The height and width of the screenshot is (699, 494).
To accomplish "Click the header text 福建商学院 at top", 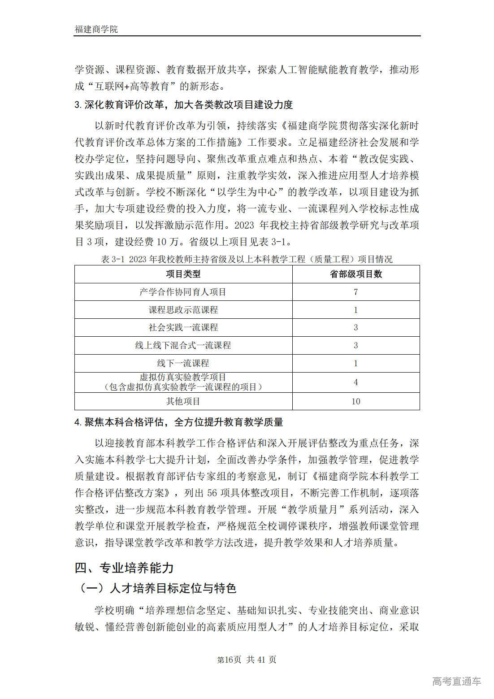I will pyautogui.click(x=96, y=29).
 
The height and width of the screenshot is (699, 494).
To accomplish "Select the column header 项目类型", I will pyautogui.click(x=183, y=274).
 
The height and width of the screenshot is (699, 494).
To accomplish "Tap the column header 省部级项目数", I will pyautogui.click(x=356, y=274).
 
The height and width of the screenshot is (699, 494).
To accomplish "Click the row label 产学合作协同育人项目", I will pyautogui.click(x=183, y=292).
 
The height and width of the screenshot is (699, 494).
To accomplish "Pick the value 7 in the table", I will pyautogui.click(x=356, y=292).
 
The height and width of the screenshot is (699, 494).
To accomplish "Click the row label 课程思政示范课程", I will pyautogui.click(x=183, y=310).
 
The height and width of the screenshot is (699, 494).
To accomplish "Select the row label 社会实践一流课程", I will pyautogui.click(x=183, y=328).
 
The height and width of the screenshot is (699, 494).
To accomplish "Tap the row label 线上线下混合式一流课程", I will pyautogui.click(x=183, y=345).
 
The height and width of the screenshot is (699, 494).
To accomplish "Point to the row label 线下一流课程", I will pyautogui.click(x=183, y=363).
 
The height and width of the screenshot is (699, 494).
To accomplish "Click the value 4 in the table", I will pyautogui.click(x=356, y=382).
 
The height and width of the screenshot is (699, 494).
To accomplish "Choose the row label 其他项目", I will pyautogui.click(x=183, y=401).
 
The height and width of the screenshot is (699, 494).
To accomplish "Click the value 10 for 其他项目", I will pyautogui.click(x=356, y=401).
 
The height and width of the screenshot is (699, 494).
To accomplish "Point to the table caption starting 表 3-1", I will pyautogui.click(x=247, y=259).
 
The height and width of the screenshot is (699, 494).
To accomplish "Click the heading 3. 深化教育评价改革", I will pyautogui.click(x=184, y=105).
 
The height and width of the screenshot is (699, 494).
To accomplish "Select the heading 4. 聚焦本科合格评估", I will pyautogui.click(x=179, y=422).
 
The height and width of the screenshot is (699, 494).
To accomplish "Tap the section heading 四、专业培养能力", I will pyautogui.click(x=124, y=568).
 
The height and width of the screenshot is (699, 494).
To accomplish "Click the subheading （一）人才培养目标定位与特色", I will pyautogui.click(x=156, y=588).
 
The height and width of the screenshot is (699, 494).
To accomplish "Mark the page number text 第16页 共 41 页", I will pyautogui.click(x=247, y=660).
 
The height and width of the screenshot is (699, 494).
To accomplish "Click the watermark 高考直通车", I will pyautogui.click(x=456, y=682).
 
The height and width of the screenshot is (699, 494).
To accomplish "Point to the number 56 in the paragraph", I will pyautogui.click(x=212, y=493).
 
